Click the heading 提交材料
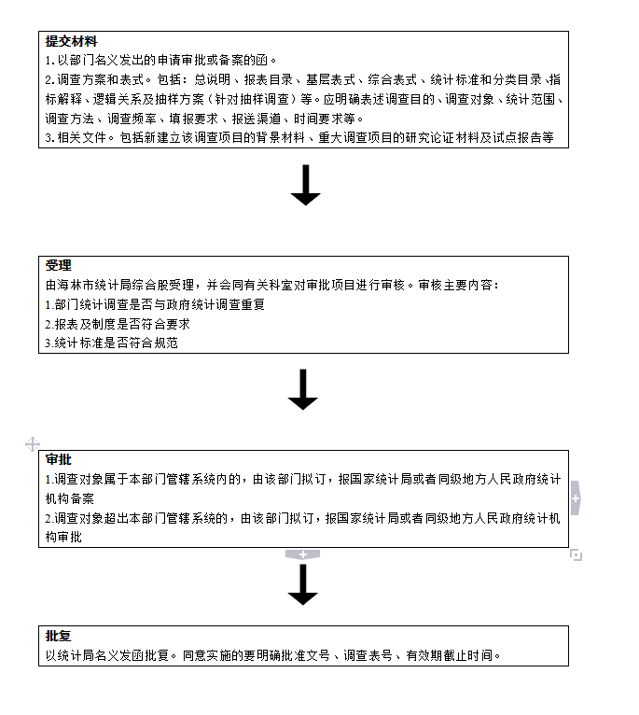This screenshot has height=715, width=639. [71, 41]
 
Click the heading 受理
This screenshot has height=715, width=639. [59, 265]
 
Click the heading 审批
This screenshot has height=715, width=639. [59, 459]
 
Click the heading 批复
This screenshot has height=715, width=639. [59, 636]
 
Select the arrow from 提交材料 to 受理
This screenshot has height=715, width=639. [305, 185]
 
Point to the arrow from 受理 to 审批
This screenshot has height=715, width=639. [302, 389]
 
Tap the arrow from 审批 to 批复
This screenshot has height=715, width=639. [302, 584]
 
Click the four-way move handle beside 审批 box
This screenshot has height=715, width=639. [33, 444]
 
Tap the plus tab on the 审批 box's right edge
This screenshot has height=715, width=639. [576, 498]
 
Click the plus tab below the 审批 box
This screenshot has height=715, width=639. [302, 554]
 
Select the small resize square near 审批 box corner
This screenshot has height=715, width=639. [576, 555]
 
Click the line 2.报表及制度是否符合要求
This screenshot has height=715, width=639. [118, 324]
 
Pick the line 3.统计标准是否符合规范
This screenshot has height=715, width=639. [112, 343]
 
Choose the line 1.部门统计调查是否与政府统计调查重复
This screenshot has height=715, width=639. [155, 304]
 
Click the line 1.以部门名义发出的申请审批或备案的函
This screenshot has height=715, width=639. [160, 60]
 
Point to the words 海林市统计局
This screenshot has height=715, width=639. [95, 285]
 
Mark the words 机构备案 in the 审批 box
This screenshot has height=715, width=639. [70, 498]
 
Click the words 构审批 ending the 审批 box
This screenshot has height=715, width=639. [63, 537]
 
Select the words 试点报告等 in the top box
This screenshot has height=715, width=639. [522, 138]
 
